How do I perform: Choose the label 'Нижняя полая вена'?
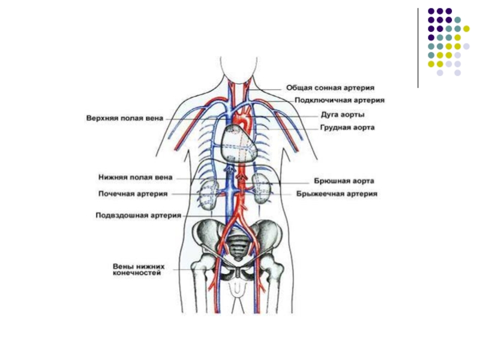[x=136, y=178]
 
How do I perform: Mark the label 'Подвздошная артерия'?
[x=139, y=215]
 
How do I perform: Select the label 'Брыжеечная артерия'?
[x=337, y=194]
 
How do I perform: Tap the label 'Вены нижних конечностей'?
[x=138, y=269]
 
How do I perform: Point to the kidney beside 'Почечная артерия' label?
[x=208, y=194]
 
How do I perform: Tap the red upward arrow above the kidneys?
[x=242, y=178]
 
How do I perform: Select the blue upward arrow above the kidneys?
[x=228, y=174]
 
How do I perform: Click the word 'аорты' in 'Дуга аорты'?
[x=353, y=114]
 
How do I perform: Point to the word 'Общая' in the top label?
[x=298, y=88]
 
